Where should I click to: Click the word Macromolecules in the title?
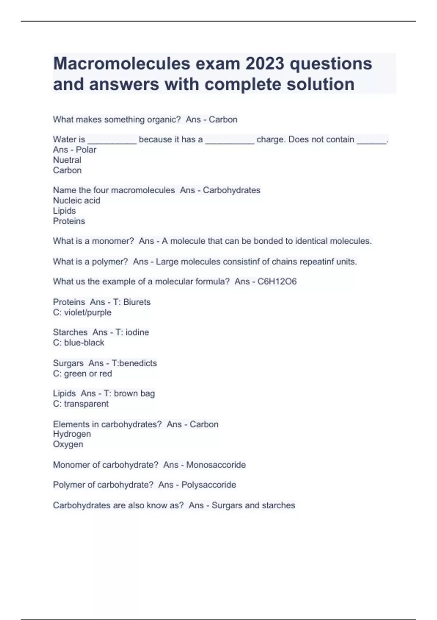(122, 63)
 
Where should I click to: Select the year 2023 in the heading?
(264, 63)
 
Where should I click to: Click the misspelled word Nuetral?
(67, 160)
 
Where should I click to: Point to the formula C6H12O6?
(277, 282)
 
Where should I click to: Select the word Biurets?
(137, 302)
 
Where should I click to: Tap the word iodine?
(137, 332)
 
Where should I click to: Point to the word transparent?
(86, 404)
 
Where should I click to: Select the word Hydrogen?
(72, 434)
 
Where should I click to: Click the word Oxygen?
(68, 444)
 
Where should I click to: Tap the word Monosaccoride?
(216, 465)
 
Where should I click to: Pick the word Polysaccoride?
(208, 485)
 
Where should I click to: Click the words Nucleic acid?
(76, 200)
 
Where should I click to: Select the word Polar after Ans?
(86, 150)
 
